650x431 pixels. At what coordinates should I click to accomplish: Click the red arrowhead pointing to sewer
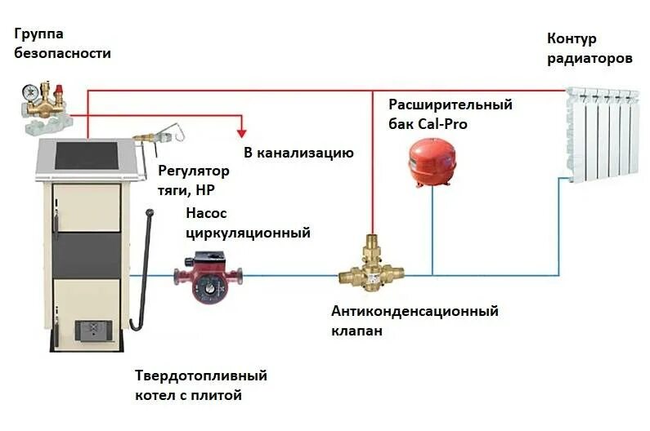241,131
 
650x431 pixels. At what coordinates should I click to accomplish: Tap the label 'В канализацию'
298,153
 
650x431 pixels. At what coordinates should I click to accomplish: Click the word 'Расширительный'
450,104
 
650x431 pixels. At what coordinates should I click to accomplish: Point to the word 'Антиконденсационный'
415,312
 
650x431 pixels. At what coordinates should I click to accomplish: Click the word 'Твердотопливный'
201,376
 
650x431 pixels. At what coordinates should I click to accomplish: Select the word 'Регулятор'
194,171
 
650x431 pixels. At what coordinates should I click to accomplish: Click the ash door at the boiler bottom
90,330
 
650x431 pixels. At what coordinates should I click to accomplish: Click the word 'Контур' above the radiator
572,39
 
